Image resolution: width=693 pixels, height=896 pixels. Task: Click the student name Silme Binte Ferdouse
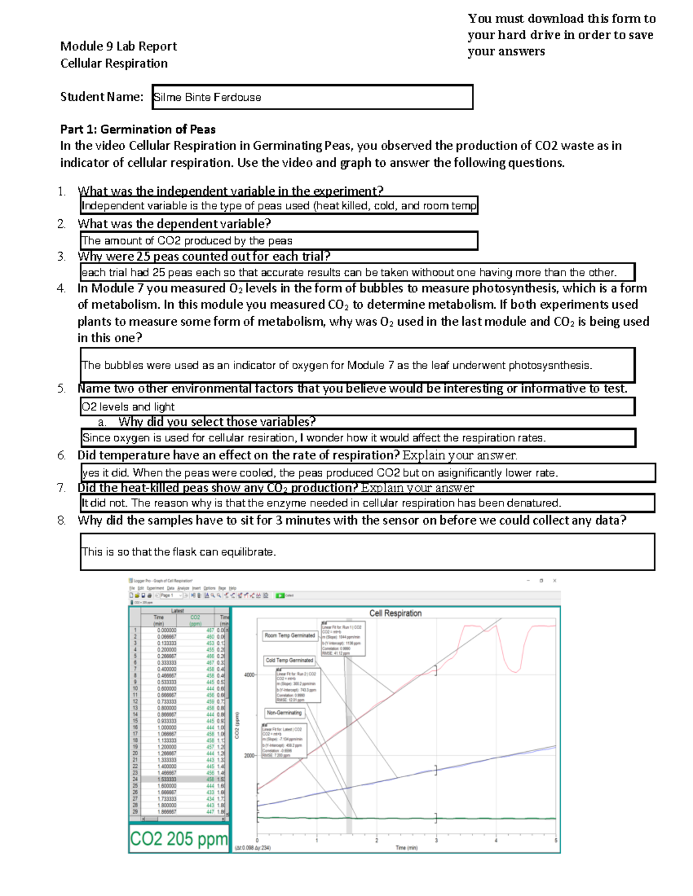(x=208, y=98)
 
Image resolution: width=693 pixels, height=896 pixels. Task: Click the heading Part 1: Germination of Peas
(x=138, y=129)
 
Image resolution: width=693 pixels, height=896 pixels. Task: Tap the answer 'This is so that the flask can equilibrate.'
(x=179, y=552)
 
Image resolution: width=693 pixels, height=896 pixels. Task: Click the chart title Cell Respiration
(x=396, y=613)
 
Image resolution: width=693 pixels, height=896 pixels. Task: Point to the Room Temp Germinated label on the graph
(x=290, y=636)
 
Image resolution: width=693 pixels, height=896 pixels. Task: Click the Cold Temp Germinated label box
(x=289, y=660)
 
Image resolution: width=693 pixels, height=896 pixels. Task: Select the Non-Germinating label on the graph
(x=284, y=713)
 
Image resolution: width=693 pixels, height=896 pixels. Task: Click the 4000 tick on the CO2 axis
(x=249, y=674)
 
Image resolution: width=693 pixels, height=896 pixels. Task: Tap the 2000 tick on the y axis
(x=249, y=755)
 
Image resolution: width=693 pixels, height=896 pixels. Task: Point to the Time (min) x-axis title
(x=407, y=848)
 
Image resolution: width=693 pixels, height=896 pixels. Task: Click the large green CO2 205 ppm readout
(x=178, y=838)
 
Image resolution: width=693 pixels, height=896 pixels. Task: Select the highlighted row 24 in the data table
(x=179, y=779)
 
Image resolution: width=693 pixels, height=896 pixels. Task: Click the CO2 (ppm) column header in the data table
(x=195, y=620)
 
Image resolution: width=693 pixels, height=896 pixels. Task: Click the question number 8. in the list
(x=62, y=520)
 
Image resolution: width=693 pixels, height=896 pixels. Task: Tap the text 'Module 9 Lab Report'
(x=118, y=46)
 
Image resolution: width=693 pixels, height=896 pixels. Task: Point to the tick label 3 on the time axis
(x=436, y=841)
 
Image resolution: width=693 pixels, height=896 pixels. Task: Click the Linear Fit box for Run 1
(x=343, y=638)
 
